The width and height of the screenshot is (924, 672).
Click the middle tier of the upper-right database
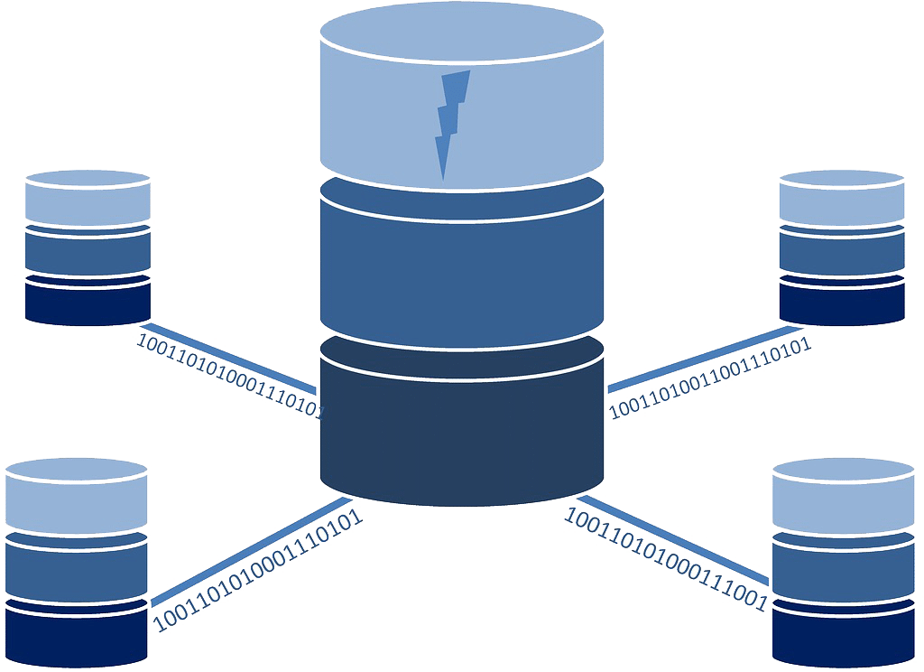click(841, 252)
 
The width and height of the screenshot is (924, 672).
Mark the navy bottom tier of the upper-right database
click(841, 303)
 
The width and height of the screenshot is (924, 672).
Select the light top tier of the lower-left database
click(76, 497)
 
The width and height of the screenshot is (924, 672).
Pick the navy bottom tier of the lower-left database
click(76, 632)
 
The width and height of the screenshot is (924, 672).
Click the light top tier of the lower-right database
click(844, 497)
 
